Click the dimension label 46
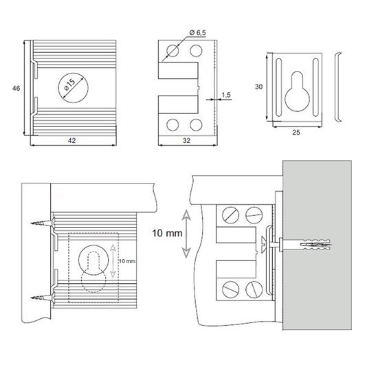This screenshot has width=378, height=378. (x=16, y=88)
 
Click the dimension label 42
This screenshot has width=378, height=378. (x=72, y=140)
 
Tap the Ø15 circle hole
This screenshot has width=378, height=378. (x=74, y=88)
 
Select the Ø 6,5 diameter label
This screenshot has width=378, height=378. (x=198, y=32)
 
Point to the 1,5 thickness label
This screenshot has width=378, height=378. (x=226, y=95)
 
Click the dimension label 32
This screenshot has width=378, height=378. (x=186, y=140)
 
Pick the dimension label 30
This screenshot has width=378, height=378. (x=258, y=87)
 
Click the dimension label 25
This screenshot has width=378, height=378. (x=296, y=132)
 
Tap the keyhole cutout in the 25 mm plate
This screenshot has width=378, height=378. (x=297, y=92)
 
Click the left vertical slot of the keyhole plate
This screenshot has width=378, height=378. (x=278, y=87)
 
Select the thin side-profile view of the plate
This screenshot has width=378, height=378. (x=337, y=87)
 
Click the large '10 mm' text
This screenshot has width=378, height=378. (x=167, y=233)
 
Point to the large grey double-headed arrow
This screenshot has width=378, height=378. (x=186, y=234)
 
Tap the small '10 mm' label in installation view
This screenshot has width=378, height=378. (x=127, y=261)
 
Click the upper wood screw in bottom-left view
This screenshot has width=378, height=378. (x=43, y=223)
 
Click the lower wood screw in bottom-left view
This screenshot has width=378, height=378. (x=43, y=298)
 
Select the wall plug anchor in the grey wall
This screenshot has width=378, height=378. (x=316, y=245)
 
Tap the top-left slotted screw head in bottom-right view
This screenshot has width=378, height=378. (x=230, y=215)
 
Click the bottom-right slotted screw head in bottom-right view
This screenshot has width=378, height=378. (x=254, y=289)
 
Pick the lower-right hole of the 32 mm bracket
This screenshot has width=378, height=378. (x=196, y=125)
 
